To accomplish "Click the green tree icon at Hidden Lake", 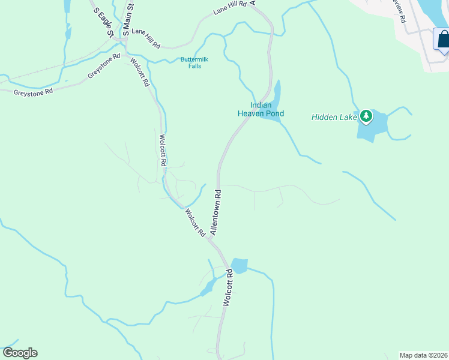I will click(365, 115).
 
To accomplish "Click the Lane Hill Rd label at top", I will click(231, 8).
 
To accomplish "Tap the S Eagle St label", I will click(102, 20).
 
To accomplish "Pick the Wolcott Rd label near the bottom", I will click(228, 289).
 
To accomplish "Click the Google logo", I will click(20, 353).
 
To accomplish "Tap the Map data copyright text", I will click(423, 355).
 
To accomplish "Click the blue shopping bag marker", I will click(442, 40).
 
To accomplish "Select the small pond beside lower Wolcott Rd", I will click(239, 265).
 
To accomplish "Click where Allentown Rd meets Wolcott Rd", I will click(211, 238).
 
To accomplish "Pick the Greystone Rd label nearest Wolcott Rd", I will click(104, 66).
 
